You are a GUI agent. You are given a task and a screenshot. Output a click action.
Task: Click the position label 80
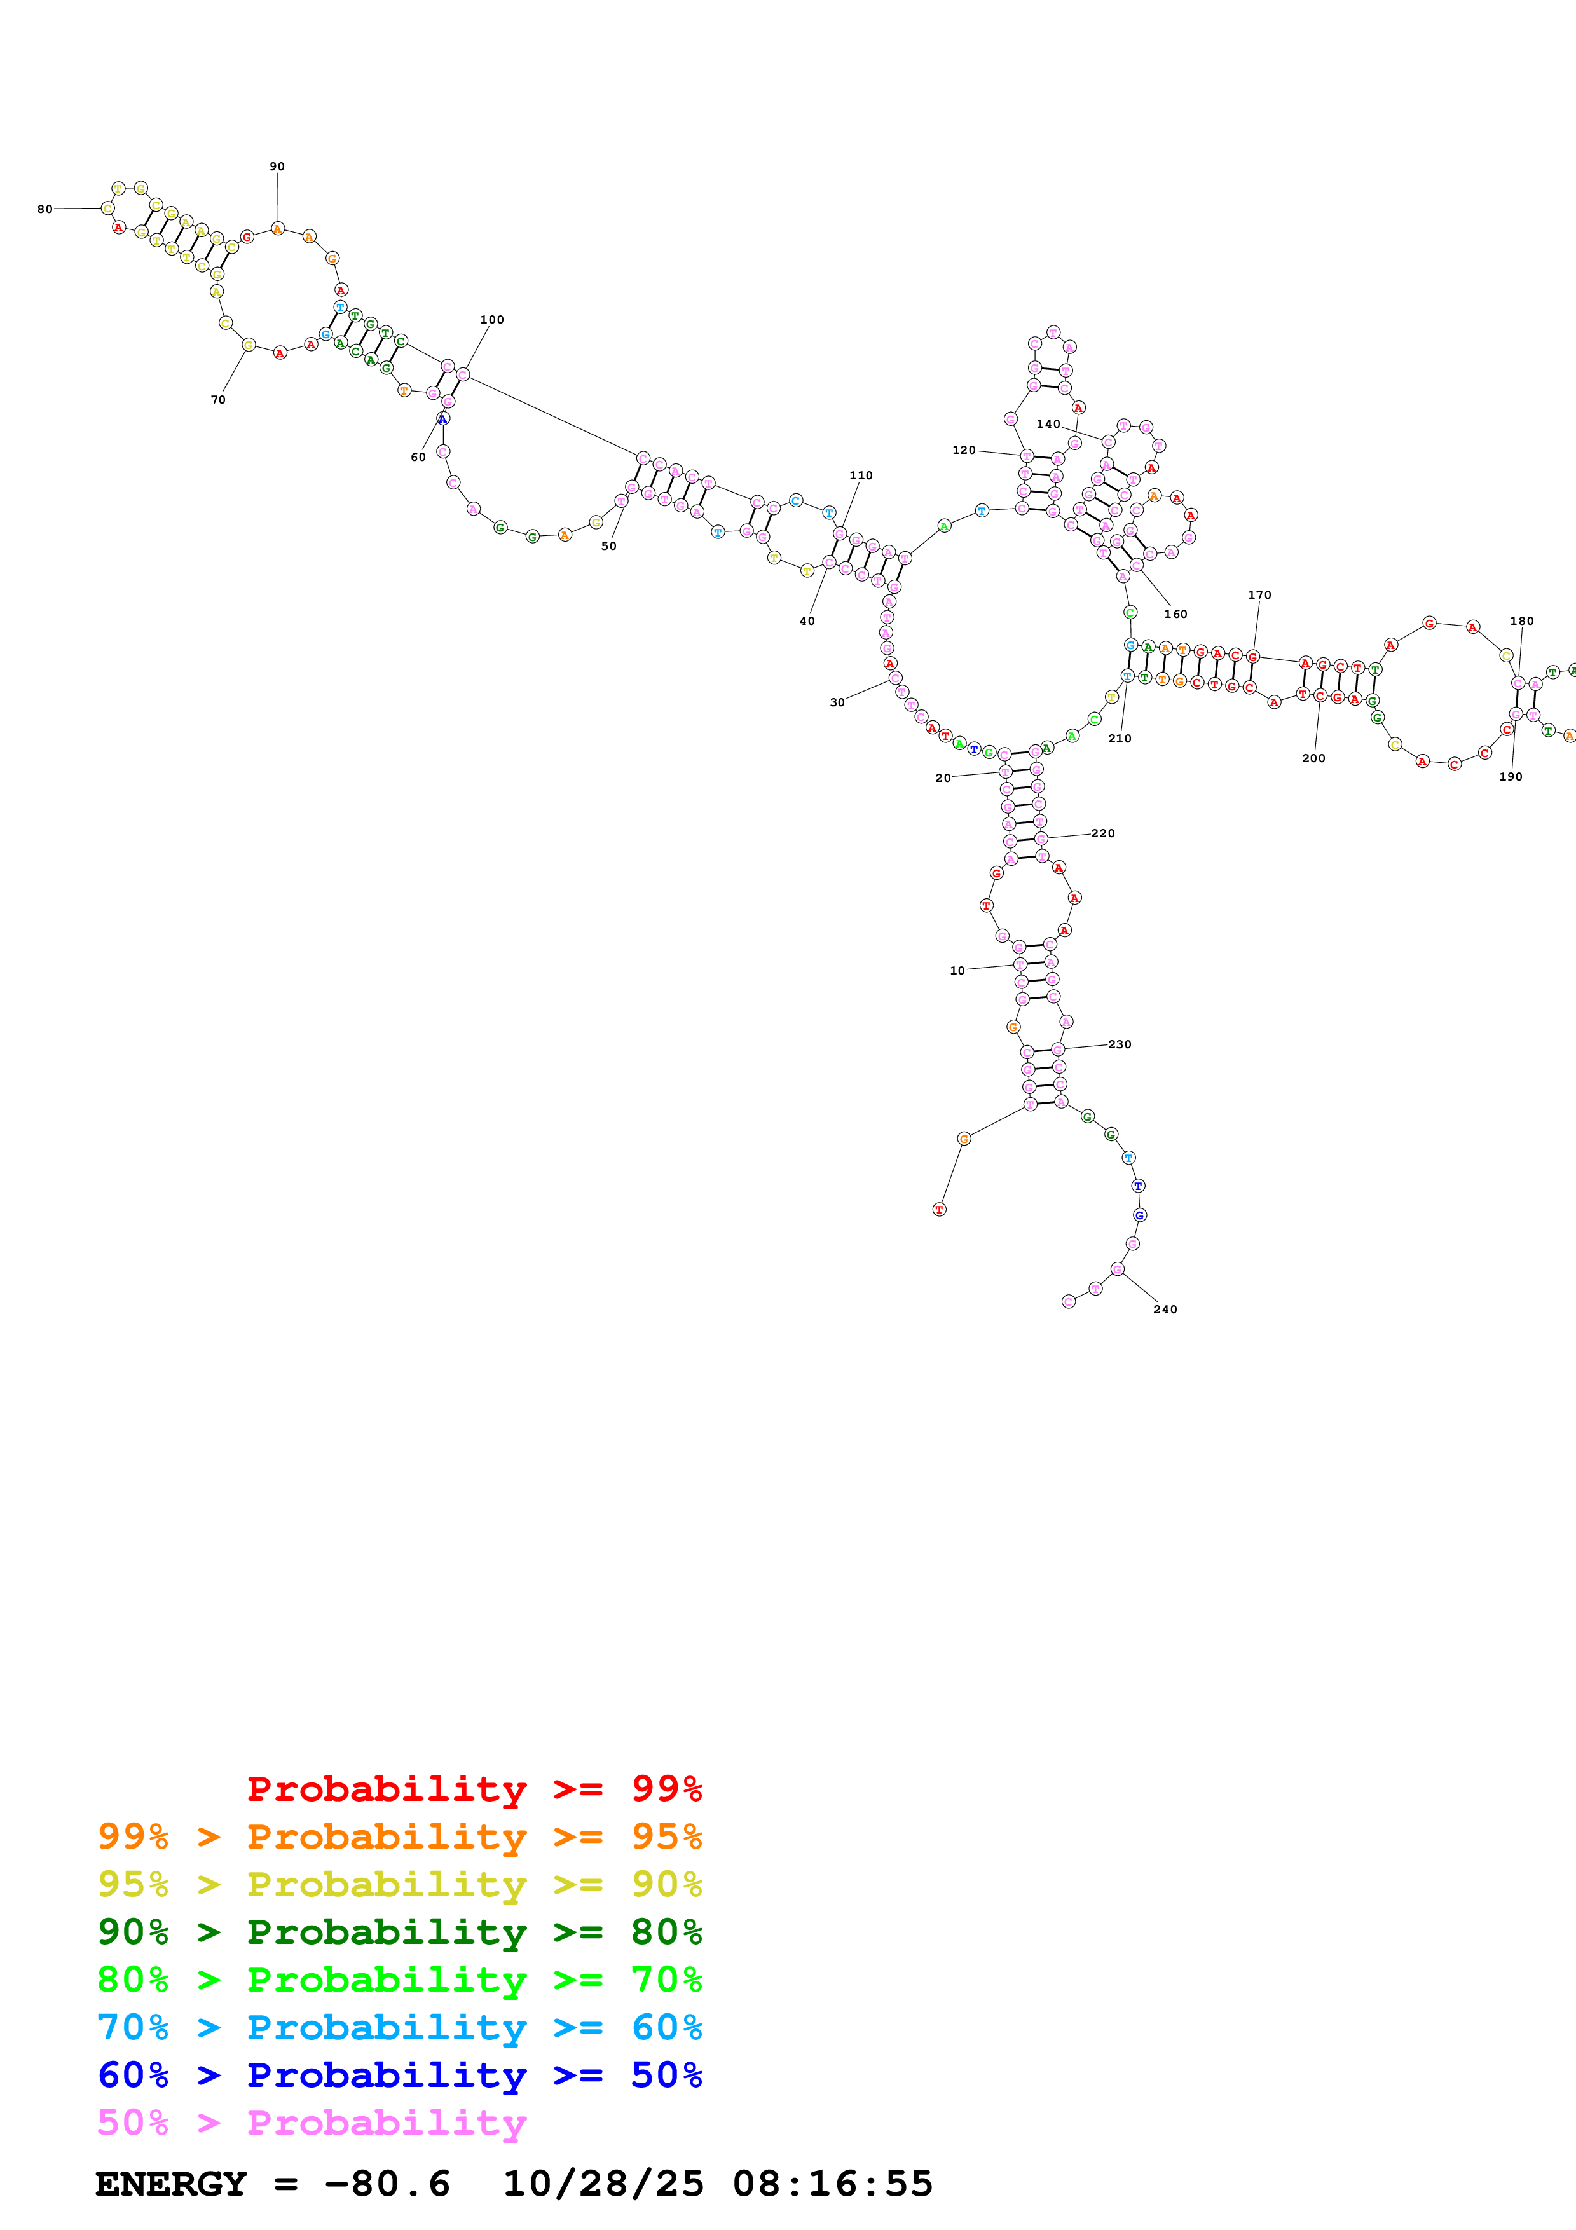click(x=45, y=209)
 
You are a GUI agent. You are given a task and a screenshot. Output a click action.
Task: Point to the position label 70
click(x=217, y=399)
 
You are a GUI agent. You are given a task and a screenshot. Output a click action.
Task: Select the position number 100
click(x=491, y=320)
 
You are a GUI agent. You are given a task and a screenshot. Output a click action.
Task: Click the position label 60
click(x=418, y=456)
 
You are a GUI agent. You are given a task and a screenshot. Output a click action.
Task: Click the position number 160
click(x=1175, y=614)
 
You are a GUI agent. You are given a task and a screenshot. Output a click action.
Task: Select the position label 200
click(x=1313, y=758)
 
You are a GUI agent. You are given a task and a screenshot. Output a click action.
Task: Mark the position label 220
click(x=1102, y=833)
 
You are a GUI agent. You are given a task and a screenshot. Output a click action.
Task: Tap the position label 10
click(x=957, y=970)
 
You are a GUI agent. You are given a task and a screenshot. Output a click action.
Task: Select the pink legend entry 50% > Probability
click(x=312, y=2122)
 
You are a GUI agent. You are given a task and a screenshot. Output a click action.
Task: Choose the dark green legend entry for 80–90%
click(x=399, y=1932)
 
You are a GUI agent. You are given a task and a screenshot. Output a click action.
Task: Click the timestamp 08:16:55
click(x=832, y=2184)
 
